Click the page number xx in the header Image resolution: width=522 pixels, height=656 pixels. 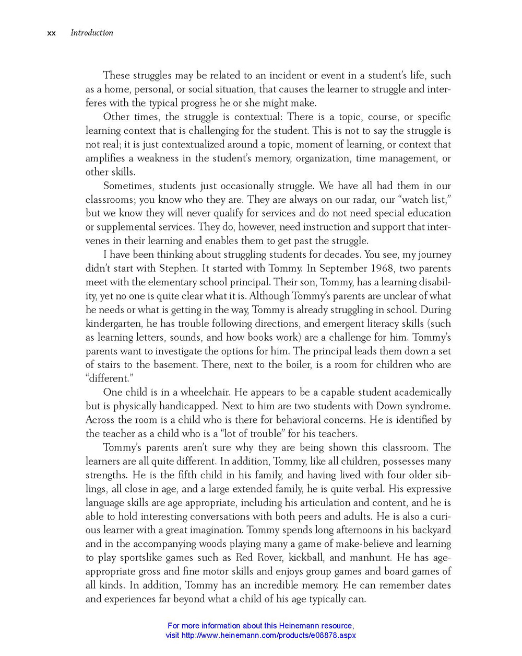point(51,33)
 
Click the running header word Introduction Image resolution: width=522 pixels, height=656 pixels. point(92,33)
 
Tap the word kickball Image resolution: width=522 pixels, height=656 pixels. point(306,558)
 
